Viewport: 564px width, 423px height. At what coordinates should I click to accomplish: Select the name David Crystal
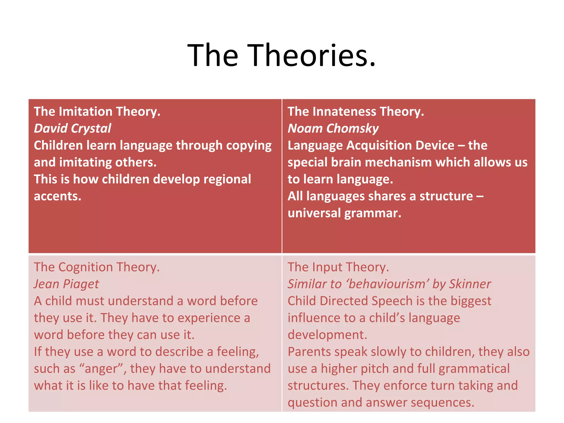[x=72, y=129]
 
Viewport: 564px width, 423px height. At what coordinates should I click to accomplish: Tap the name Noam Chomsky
[x=333, y=129]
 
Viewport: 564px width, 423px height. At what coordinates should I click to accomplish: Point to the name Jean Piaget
[x=66, y=284]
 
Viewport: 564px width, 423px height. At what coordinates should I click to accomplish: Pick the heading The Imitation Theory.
[x=97, y=112]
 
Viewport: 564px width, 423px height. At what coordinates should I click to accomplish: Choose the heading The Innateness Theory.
[x=356, y=112]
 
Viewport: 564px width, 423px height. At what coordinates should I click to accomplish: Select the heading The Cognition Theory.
[x=97, y=267]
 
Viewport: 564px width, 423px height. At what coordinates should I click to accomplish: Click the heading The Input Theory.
[x=338, y=267]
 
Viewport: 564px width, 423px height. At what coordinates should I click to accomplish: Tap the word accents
[x=58, y=196]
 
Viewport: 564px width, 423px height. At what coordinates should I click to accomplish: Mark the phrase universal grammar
[x=344, y=213]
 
